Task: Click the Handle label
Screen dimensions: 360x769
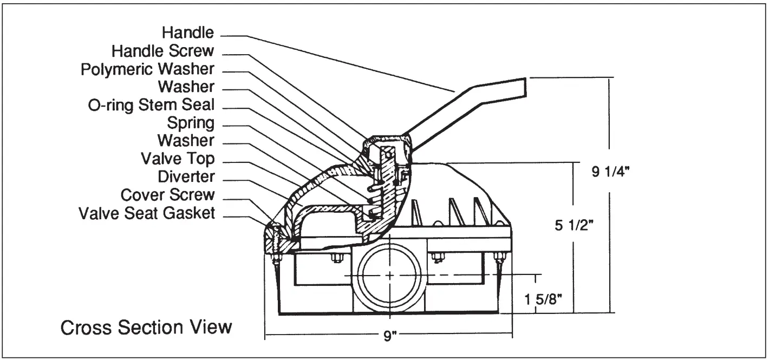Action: [188, 33]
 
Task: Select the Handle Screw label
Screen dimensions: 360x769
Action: [163, 51]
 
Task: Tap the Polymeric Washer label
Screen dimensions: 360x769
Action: [147, 69]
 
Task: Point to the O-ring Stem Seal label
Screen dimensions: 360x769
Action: [151, 104]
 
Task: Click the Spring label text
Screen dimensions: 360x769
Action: [191, 123]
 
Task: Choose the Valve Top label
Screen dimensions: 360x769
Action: [178, 159]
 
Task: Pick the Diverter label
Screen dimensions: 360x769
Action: [186, 176]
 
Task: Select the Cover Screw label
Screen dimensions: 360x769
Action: [167, 194]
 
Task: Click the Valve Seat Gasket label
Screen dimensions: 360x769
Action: [147, 213]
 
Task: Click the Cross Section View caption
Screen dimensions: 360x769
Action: [146, 328]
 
